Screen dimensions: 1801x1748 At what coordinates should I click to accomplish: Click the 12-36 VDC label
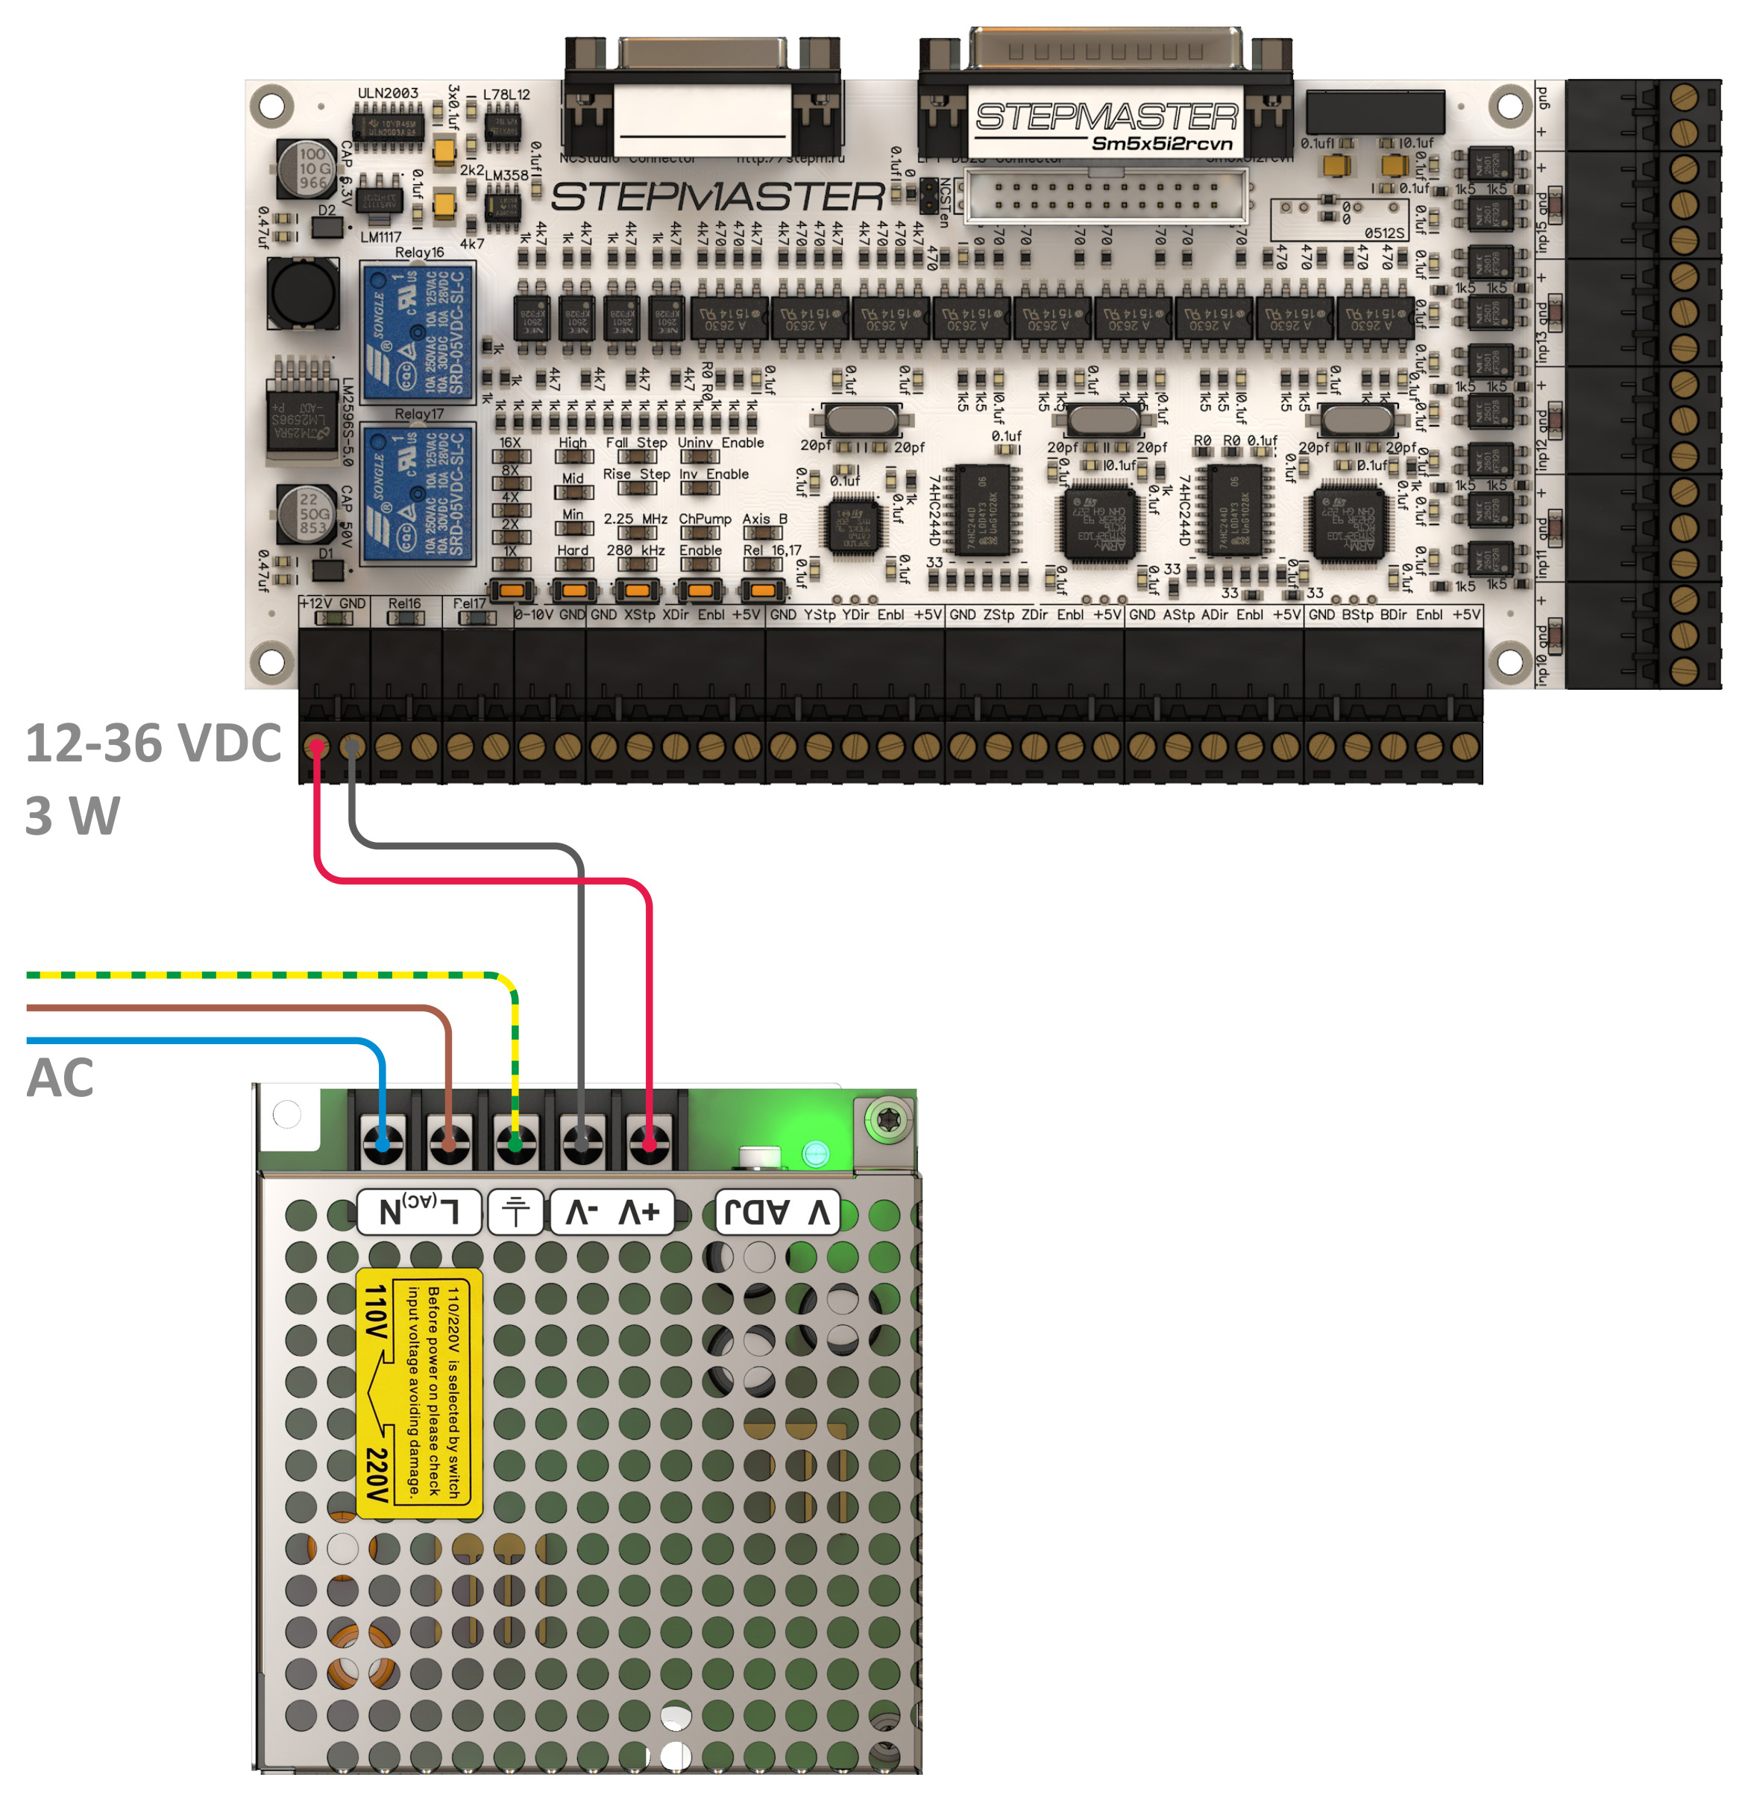tap(153, 744)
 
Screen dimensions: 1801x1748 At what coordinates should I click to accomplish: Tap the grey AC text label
tap(60, 1078)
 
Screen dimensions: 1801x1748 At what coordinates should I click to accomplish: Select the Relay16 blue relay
tap(418, 332)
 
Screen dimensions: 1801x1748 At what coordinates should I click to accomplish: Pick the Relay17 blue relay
tap(418, 494)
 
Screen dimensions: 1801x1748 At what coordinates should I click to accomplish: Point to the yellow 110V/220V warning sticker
tap(419, 1393)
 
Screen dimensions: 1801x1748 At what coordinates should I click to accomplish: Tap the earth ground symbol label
tap(515, 1212)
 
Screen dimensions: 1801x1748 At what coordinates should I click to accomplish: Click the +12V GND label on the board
tap(333, 604)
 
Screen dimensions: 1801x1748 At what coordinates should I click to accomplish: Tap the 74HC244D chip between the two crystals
tap(984, 511)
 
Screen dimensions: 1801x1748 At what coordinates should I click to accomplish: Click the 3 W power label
tap(72, 816)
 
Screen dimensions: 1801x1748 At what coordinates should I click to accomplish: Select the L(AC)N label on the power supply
tap(419, 1212)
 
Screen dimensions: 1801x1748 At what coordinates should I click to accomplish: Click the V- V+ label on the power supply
tap(612, 1213)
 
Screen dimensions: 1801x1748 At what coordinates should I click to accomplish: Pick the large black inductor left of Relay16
tap(301, 292)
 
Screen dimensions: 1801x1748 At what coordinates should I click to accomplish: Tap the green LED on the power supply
tap(815, 1153)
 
